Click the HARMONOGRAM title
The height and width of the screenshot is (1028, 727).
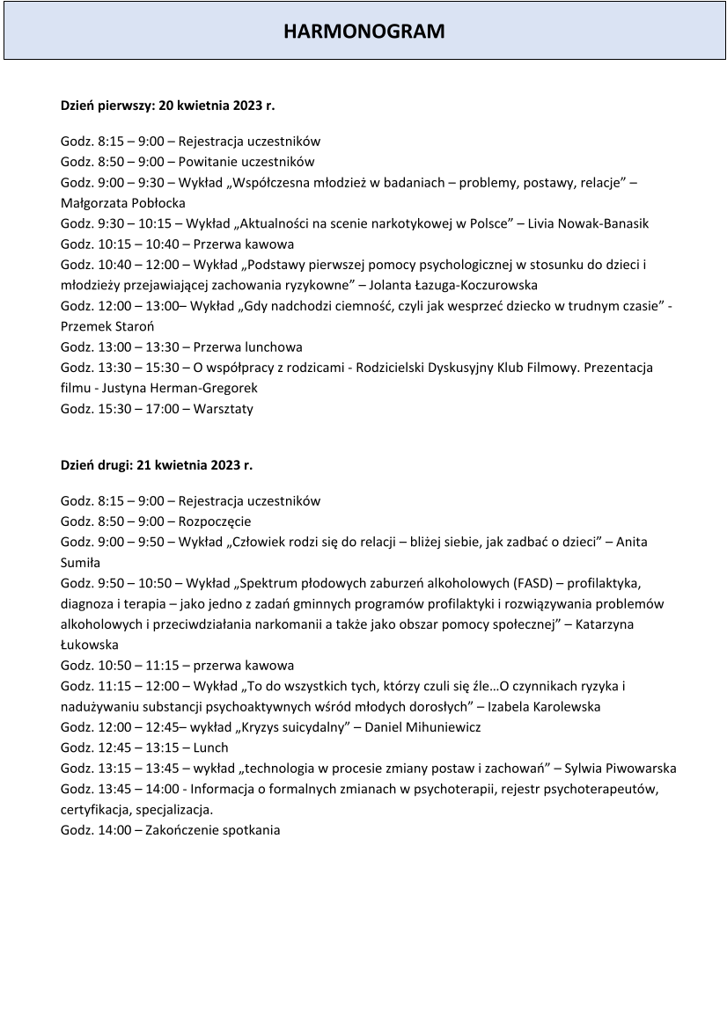click(x=363, y=32)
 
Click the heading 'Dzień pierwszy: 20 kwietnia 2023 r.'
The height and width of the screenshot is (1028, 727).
click(x=167, y=105)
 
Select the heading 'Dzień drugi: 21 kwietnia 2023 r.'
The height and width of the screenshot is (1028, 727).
click(x=156, y=465)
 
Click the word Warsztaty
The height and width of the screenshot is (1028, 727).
click(x=217, y=408)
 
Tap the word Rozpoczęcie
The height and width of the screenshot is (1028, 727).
click(x=215, y=521)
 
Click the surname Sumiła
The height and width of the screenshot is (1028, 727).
click(x=80, y=562)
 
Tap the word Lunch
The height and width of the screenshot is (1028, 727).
click(x=209, y=747)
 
